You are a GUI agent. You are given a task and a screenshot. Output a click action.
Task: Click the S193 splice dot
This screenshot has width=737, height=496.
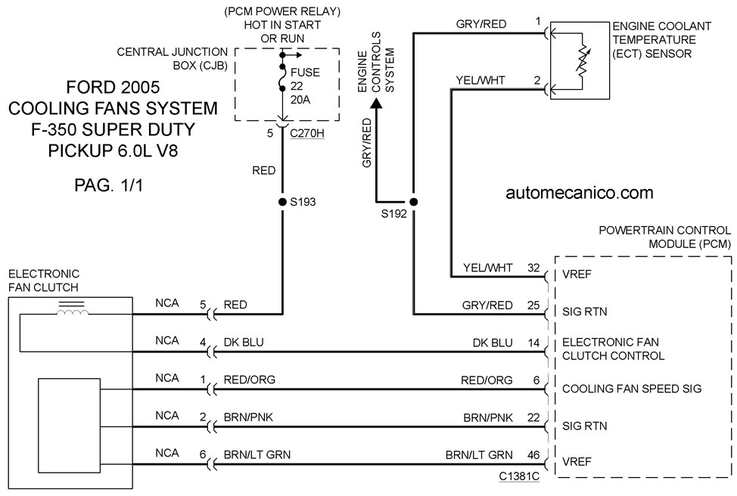click(282, 202)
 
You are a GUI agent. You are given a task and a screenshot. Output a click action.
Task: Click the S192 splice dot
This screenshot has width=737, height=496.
click(414, 202)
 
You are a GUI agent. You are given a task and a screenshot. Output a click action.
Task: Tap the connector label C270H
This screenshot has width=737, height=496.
click(307, 133)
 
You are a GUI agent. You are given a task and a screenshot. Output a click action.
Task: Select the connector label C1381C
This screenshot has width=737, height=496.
click(519, 476)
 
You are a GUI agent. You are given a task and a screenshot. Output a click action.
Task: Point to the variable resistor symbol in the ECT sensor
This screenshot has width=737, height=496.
click(583, 60)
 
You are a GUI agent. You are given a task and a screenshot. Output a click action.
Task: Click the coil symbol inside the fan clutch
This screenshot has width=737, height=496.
click(72, 312)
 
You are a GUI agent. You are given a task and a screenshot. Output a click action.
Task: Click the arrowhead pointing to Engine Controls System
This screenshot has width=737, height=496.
click(376, 104)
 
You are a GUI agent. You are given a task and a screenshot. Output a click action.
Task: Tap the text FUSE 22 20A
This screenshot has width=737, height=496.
click(305, 86)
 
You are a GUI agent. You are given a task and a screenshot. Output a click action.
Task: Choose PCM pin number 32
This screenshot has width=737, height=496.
click(533, 268)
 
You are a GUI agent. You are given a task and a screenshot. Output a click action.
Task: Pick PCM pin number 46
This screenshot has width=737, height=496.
click(533, 454)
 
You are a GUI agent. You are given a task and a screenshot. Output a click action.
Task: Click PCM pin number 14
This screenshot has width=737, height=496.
click(533, 343)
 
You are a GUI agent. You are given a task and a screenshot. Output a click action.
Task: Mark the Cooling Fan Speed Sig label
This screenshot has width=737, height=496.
click(632, 389)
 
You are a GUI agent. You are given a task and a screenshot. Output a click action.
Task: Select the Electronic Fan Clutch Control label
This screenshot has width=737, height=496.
click(613, 349)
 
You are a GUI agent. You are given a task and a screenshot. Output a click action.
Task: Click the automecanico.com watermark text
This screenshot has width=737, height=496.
click(580, 193)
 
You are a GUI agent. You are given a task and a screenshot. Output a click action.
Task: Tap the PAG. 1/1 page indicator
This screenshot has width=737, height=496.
click(108, 185)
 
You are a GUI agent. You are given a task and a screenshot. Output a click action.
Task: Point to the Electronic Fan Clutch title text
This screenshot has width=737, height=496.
click(44, 281)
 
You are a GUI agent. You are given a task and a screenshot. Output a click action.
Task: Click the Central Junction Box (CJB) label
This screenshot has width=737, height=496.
click(172, 59)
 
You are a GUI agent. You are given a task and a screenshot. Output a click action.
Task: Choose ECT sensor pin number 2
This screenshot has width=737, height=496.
click(537, 80)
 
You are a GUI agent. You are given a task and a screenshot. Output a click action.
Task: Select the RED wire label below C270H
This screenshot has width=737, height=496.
click(263, 171)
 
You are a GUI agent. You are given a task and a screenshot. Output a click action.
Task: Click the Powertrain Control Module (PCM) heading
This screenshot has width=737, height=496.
click(665, 237)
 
